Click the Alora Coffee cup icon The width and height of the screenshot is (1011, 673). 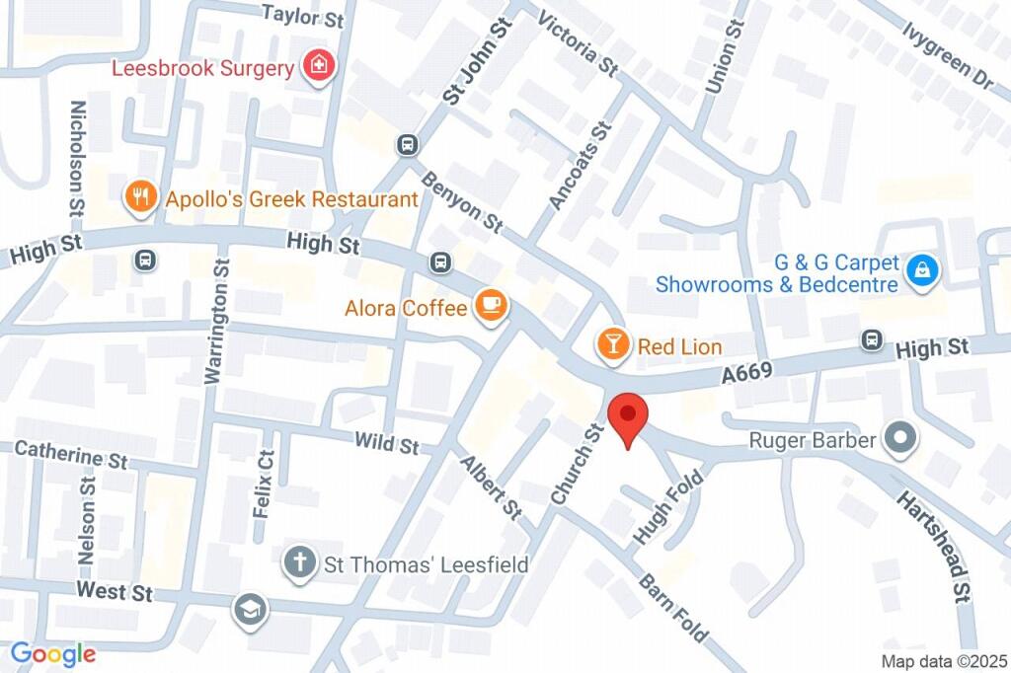tap(491, 308)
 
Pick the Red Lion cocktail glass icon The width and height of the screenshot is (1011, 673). tap(613, 344)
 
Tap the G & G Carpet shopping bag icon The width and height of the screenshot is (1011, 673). tap(922, 268)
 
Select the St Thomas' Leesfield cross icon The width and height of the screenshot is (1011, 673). tap(297, 564)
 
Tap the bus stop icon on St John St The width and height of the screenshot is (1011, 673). tap(406, 145)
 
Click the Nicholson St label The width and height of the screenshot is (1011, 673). tap(78, 158)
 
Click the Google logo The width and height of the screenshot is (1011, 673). tap(53, 653)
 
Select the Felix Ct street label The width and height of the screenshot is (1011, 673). tap(263, 493)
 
